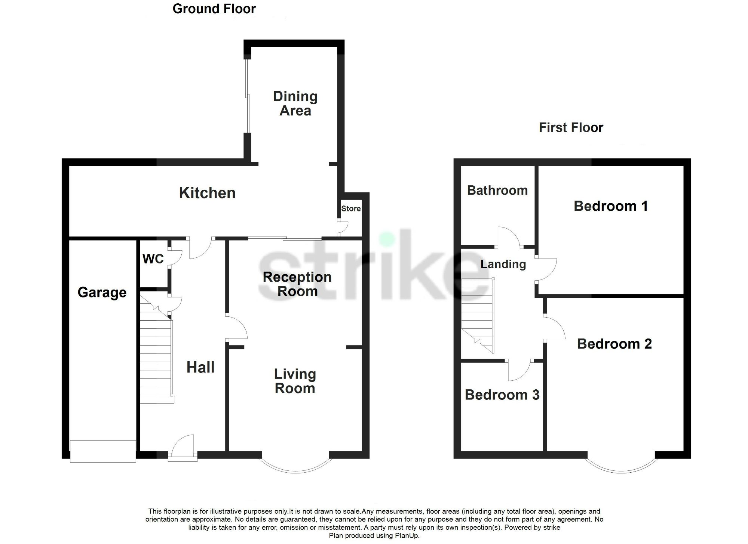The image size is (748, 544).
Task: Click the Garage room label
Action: (102, 293)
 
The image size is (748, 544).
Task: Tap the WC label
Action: (153, 259)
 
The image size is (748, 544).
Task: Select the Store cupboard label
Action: (351, 208)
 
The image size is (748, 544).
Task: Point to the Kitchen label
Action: (207, 193)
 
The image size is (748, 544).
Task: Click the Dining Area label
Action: (295, 103)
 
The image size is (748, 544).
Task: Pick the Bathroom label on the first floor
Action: (497, 190)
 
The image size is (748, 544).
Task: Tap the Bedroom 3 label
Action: (502, 395)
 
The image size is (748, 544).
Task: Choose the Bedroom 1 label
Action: (610, 206)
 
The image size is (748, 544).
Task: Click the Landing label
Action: (503, 264)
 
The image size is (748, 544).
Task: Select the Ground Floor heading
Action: (214, 9)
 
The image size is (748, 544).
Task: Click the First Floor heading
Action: (571, 127)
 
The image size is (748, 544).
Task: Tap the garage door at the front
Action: (103, 451)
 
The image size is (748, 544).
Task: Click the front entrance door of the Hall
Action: (183, 448)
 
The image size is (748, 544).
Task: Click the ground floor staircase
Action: (156, 355)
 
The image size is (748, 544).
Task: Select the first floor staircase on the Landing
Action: (478, 314)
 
